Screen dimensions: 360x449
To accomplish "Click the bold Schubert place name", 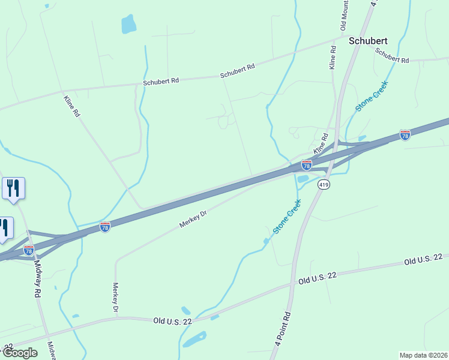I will [368, 41].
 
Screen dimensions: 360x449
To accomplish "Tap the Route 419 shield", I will [324, 185].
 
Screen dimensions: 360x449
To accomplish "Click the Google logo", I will [19, 353].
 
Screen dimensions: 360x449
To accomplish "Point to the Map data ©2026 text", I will [423, 355].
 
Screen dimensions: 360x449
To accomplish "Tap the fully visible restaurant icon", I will [13, 188].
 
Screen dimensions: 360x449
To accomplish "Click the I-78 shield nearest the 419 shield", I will [306, 164].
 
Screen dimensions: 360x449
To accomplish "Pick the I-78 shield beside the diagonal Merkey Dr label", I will [105, 227].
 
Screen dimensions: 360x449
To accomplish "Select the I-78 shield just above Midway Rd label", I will [28, 250].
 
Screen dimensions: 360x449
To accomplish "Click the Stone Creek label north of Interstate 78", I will [372, 97].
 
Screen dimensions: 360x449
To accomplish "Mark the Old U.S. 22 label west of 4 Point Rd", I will [172, 322].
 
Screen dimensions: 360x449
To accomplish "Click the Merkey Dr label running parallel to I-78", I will [193, 220].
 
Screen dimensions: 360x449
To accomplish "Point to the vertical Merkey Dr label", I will [116, 298].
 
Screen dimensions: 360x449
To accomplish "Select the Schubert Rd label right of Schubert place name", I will [392, 55].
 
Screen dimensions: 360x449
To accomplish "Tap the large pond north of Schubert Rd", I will [128, 24].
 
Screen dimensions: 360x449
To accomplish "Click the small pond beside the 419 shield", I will [303, 178].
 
